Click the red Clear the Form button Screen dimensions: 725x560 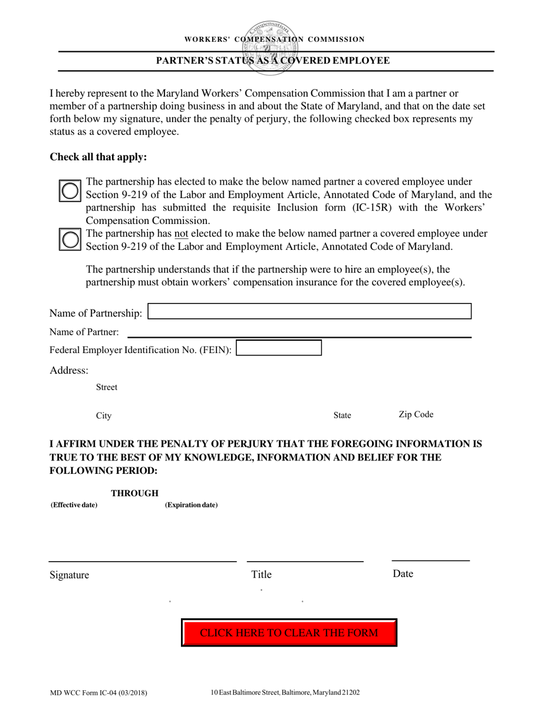pos(289,633)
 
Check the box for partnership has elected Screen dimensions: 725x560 pos(70,190)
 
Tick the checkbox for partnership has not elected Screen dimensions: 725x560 pos(70,239)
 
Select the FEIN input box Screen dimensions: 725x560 pos(279,348)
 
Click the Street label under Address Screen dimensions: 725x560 pos(107,387)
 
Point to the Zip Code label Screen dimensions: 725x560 pos(416,414)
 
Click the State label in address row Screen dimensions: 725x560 pos(342,416)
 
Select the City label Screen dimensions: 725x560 pos(104,416)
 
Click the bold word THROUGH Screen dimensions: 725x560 pos(135,493)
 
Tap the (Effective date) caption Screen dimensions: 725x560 pos(74,505)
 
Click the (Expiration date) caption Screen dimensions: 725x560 pos(191,505)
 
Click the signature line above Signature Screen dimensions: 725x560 pos(142,561)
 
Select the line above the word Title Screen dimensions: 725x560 pos(305,561)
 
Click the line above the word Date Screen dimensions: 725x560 pos(430,560)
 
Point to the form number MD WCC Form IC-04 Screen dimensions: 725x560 pos(98,693)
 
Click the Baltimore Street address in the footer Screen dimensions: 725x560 pos(285,693)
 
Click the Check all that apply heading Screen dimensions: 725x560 pos(98,157)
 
